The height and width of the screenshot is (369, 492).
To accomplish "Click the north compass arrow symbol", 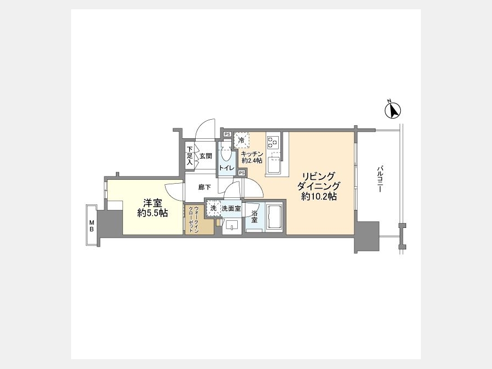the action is click(x=393, y=110).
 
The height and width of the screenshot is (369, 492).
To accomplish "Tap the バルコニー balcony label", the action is click(x=380, y=179).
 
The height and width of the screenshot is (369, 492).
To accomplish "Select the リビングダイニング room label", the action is click(x=318, y=181).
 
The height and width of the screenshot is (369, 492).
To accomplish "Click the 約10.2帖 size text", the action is click(x=319, y=196).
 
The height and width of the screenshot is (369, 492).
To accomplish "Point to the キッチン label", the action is click(x=251, y=154).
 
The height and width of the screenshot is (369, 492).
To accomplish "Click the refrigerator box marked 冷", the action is click(x=241, y=140).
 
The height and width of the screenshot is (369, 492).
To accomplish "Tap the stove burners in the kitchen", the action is click(x=272, y=141).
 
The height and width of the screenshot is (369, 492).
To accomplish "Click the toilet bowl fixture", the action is click(x=226, y=154).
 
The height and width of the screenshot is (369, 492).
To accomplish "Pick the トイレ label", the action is click(x=226, y=168).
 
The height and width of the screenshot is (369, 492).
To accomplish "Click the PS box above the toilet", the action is click(x=227, y=134).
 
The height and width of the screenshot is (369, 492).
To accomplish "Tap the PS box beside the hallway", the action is click(x=242, y=173).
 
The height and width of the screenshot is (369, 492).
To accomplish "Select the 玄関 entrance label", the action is click(x=206, y=156).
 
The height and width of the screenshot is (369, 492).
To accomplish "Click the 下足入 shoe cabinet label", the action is click(x=190, y=156).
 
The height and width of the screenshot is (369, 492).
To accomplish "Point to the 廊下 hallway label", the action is click(x=204, y=188).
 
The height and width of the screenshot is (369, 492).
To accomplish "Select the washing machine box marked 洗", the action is click(x=213, y=208).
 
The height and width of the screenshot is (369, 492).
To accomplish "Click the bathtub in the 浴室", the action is click(x=274, y=218).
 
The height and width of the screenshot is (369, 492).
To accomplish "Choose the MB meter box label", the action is click(x=92, y=226).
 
